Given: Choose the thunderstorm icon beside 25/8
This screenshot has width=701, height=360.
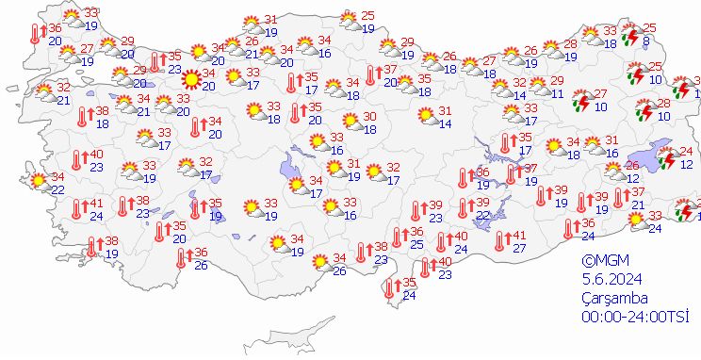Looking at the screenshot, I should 633,36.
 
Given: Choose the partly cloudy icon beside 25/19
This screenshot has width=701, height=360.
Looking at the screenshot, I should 349,21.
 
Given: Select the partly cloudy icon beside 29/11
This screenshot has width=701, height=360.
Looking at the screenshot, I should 540,88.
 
